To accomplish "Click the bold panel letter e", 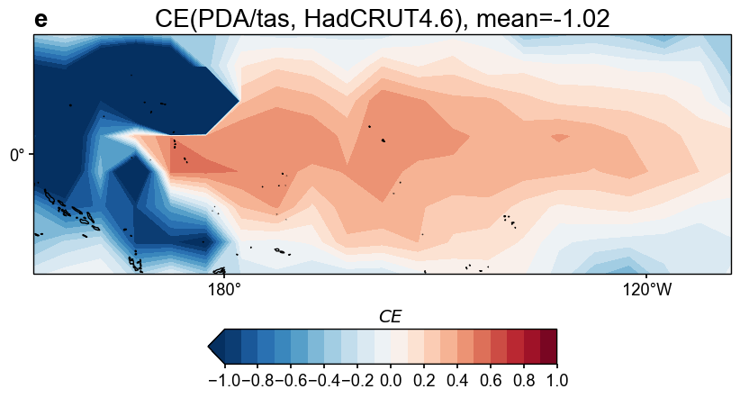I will (41, 20).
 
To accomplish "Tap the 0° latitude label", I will (18, 155).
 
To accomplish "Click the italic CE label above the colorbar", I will (390, 317).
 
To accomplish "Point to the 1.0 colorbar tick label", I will (556, 380).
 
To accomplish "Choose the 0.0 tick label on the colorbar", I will (391, 380).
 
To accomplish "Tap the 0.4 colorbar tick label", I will (457, 380).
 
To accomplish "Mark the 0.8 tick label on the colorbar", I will (523, 380).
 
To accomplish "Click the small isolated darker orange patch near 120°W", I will (560, 138).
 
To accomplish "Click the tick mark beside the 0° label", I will (32, 154).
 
